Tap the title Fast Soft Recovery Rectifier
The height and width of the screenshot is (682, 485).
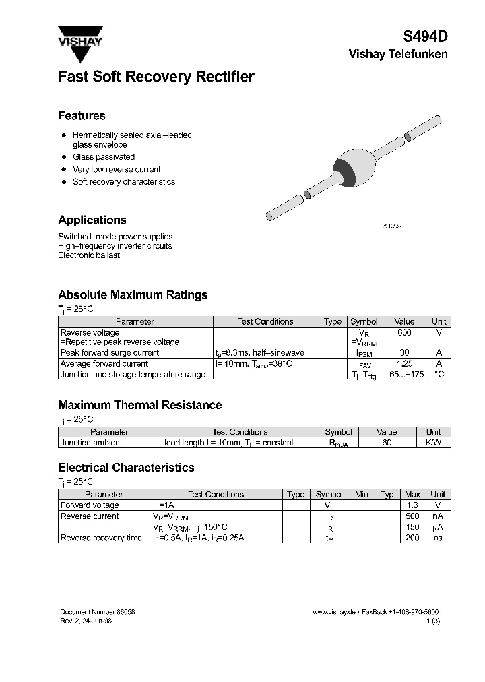(x=156, y=77)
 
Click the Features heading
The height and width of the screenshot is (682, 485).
(x=82, y=116)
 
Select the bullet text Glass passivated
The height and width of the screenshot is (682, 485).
(x=104, y=157)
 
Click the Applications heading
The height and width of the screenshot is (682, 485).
(x=92, y=220)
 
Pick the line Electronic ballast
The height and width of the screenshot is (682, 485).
(x=89, y=255)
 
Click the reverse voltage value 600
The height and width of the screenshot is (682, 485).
(x=404, y=333)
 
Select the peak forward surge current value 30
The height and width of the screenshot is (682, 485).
(x=404, y=353)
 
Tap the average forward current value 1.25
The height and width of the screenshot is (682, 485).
(x=404, y=364)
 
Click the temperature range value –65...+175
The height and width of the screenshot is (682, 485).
(x=404, y=375)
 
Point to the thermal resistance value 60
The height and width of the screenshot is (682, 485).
(x=387, y=443)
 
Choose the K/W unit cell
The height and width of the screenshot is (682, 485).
(x=433, y=443)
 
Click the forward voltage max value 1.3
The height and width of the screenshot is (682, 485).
(x=412, y=505)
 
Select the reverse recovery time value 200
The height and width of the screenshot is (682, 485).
(x=412, y=538)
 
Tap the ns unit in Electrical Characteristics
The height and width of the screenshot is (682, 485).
(x=438, y=538)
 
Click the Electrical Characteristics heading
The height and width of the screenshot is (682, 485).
(x=126, y=468)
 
